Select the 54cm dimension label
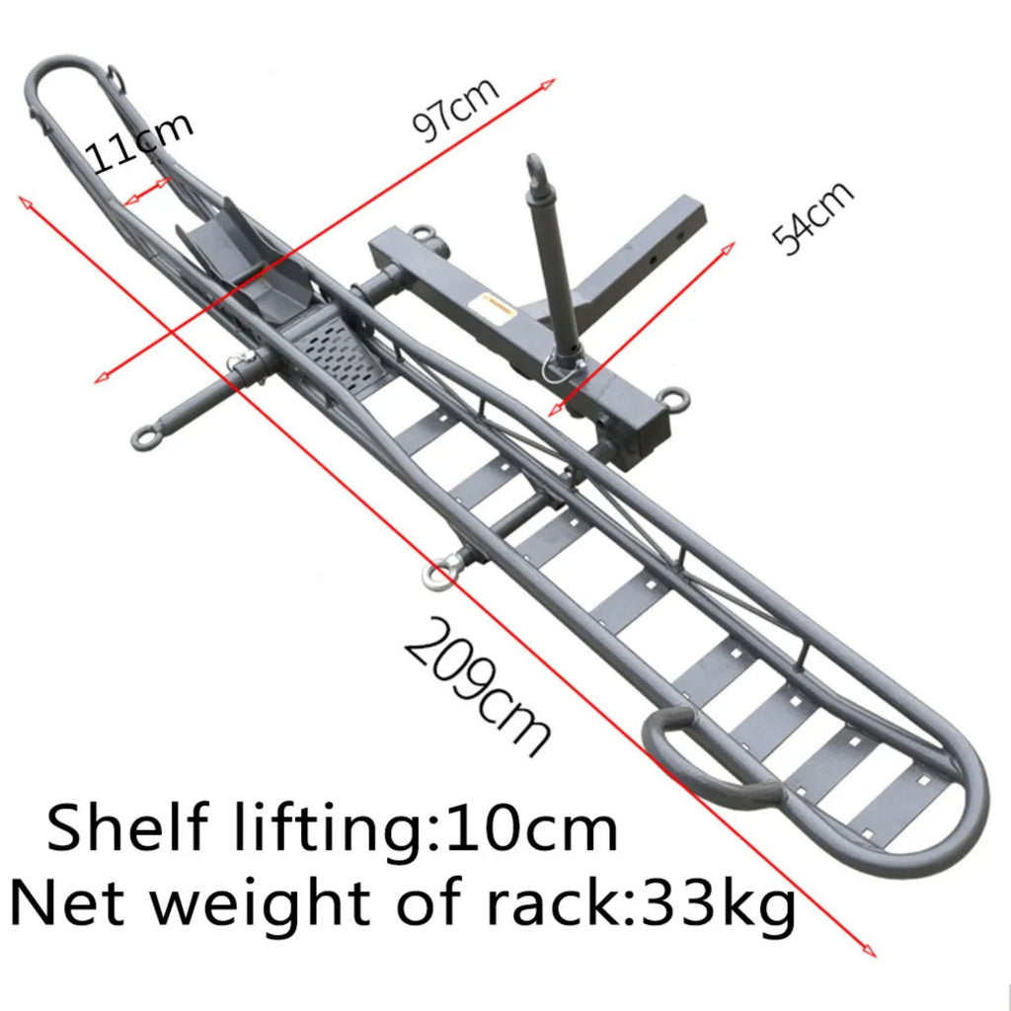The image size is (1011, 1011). (812, 219)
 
